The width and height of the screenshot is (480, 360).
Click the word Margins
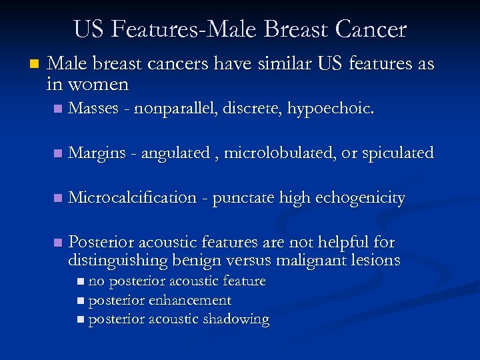97,153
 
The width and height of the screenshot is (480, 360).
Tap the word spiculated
397,153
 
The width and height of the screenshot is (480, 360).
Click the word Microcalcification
132,198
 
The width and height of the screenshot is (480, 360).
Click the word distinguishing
118,260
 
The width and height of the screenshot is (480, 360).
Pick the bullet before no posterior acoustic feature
81,282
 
